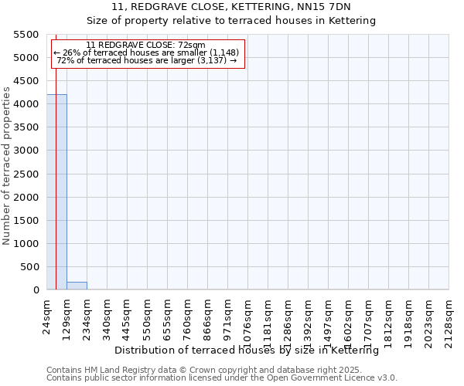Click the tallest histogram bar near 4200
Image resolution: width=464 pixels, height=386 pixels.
pos(56,193)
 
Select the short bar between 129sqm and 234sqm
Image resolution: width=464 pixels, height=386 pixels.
pos(77,286)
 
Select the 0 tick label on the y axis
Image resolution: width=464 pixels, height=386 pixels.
pos(36,290)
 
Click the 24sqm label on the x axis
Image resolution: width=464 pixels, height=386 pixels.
pos(46,316)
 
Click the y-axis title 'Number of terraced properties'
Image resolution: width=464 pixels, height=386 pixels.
pos(7,166)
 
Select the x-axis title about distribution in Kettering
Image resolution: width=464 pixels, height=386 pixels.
pos(251,350)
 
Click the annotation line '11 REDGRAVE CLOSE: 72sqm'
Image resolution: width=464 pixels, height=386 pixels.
pos(146,45)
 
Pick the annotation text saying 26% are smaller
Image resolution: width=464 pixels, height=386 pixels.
pos(146,52)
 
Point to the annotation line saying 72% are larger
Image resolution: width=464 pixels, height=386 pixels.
pos(146,60)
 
